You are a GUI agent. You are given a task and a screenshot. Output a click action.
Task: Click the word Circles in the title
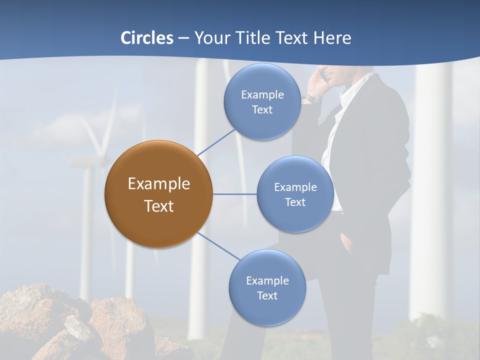pos(147,38)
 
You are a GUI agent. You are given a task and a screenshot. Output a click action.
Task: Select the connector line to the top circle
pos(216,142)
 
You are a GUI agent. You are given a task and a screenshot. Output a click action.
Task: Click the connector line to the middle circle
pos(234,194)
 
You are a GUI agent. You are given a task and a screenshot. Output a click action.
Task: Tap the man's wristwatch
pos(311,98)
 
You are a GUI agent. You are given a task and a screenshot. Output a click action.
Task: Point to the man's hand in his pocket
pos(345,245)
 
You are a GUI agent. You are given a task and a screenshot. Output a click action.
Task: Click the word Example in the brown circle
pos(159,184)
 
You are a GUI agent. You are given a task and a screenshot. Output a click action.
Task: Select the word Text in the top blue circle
pos(262,110)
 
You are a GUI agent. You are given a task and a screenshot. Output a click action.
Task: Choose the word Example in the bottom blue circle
pos(267,280)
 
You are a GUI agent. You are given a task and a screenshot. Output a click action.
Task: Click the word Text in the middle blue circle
pos(295,202)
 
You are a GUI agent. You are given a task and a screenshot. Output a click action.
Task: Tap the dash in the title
pos(183,38)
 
